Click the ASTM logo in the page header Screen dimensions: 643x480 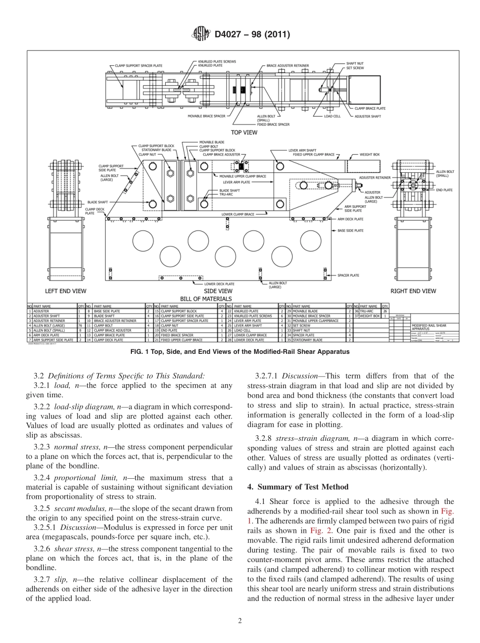[201, 34]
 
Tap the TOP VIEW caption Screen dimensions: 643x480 [244, 132]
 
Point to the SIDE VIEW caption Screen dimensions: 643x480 [218, 291]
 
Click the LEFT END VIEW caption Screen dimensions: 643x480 [66, 291]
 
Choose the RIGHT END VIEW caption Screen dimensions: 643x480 [413, 291]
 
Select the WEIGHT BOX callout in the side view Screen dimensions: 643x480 [369, 154]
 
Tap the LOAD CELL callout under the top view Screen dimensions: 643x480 [332, 116]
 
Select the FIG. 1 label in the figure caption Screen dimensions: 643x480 [138, 351]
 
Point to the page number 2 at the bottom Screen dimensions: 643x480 [240, 621]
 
